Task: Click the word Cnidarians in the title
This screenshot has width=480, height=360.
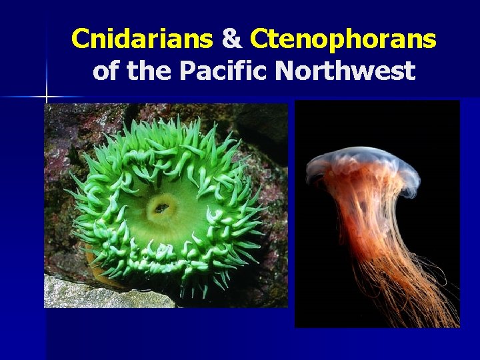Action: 141,39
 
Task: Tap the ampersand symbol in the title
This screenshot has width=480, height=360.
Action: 231,39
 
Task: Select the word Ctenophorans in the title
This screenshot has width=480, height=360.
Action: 343,39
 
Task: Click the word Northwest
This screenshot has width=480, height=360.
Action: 345,69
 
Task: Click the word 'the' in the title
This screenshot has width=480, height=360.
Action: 151,69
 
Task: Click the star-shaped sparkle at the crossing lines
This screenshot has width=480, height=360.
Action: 47,97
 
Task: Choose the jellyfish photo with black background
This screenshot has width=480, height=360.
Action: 377,213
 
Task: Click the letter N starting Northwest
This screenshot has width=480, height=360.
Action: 285,69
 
